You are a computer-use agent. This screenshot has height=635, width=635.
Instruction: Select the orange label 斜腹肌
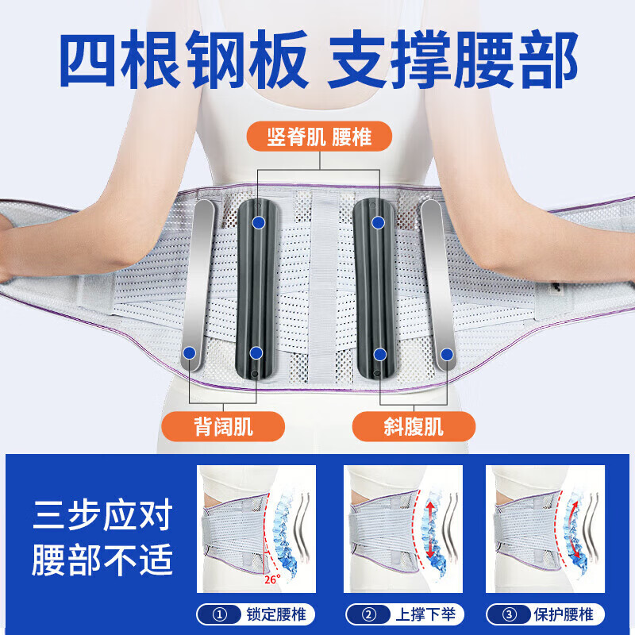pos(413,426)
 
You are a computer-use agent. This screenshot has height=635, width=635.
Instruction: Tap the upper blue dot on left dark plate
pos(259,222)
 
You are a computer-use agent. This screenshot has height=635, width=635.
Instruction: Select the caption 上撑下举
pos(413,614)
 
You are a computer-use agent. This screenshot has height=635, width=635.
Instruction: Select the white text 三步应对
pos(102,518)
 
